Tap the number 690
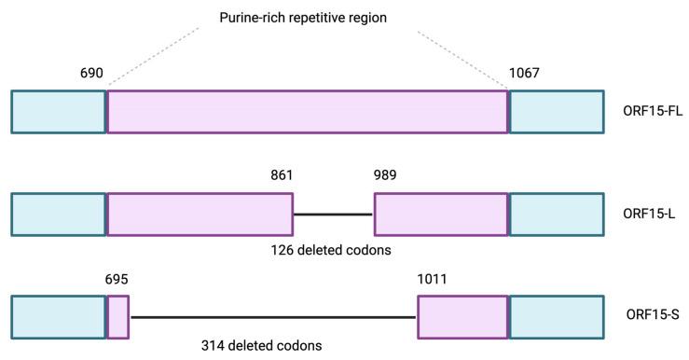click(x=92, y=73)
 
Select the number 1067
click(x=524, y=73)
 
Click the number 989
click(x=386, y=175)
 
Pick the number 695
click(x=117, y=278)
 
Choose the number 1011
click(x=433, y=278)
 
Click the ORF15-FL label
click(x=653, y=112)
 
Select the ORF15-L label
click(x=649, y=214)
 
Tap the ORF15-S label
click(x=649, y=316)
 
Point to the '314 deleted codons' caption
click(x=262, y=346)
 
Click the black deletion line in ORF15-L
click(x=333, y=215)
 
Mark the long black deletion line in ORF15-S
click(x=273, y=317)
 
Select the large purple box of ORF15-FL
click(x=308, y=112)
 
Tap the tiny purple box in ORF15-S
click(x=118, y=316)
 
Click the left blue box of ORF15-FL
click(x=58, y=112)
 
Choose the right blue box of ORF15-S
click(x=556, y=316)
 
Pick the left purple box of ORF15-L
click(x=200, y=214)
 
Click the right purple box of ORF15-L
click(x=441, y=214)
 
